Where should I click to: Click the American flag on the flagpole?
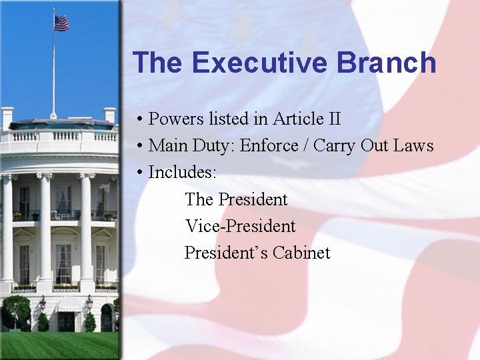[x=61, y=23]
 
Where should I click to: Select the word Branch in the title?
[x=387, y=63]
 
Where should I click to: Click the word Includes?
[x=182, y=172]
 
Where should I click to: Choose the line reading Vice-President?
[x=240, y=226]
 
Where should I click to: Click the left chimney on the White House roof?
[x=7, y=117]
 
